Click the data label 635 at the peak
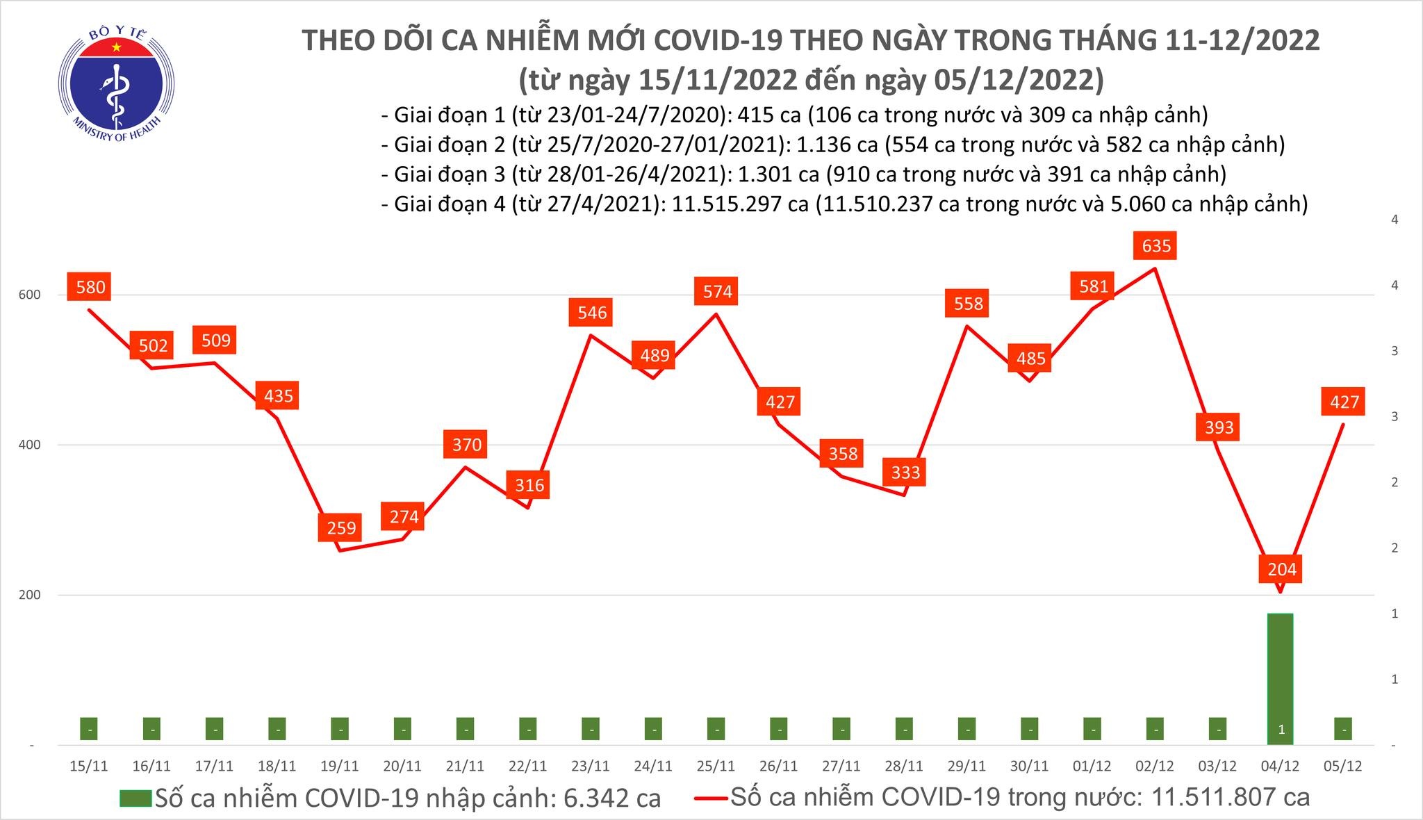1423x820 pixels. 1155,245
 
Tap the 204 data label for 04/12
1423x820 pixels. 1281,569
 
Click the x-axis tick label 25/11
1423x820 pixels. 716,766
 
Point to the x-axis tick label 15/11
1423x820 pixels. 89,766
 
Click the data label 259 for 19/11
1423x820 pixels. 341,527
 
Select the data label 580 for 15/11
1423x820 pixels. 90,287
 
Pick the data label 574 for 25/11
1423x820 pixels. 717,291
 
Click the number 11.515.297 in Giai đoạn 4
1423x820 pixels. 737,204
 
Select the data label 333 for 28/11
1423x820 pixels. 905,473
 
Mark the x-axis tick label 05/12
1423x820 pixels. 1342,766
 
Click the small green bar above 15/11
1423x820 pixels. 89,729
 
